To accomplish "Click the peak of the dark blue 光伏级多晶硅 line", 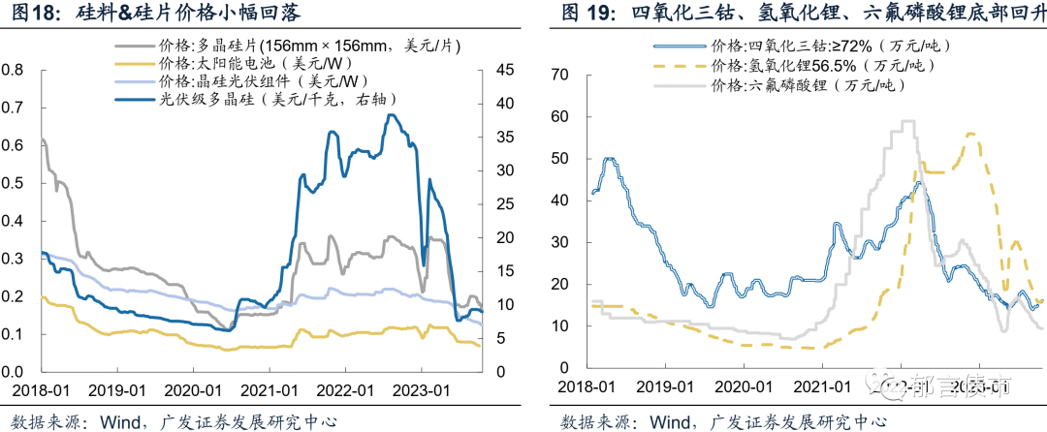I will [x=391, y=115].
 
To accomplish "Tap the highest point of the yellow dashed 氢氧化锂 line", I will [x=970, y=134].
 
